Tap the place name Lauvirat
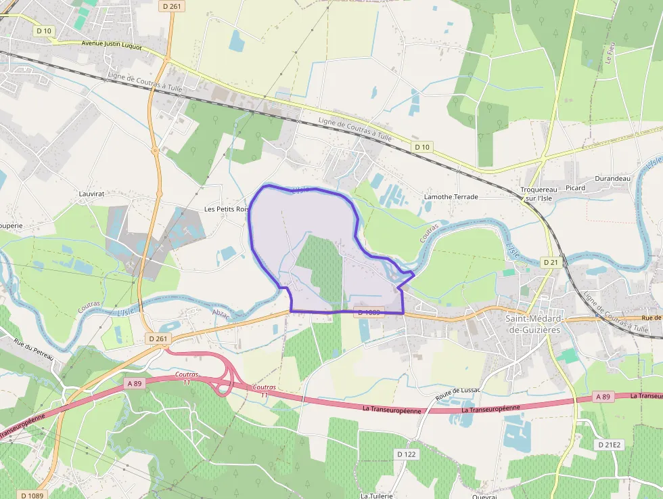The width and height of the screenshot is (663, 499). tap(91, 194)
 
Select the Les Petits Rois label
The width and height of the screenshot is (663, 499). tap(227, 209)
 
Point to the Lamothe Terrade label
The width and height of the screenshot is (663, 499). tap(451, 197)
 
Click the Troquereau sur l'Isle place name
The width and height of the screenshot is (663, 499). tap(539, 194)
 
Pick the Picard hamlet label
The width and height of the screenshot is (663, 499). tap(576, 188)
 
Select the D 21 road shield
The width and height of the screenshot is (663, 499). tap(551, 262)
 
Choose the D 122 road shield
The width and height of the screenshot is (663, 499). tap(407, 454)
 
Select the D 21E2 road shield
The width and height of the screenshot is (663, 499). tap(609, 445)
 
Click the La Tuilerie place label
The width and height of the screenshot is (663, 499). tap(377, 495)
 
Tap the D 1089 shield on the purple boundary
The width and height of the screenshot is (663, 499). tap(369, 312)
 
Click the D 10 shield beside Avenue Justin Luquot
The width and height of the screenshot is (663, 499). tap(44, 30)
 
